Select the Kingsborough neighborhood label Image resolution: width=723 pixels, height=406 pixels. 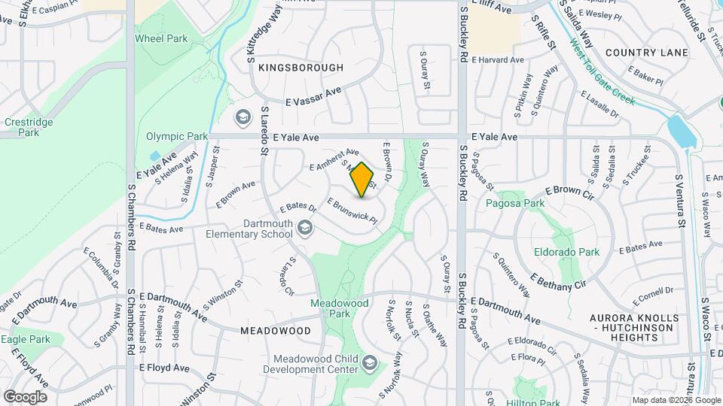coord(300,68)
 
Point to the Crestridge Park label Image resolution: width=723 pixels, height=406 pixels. coord(22,126)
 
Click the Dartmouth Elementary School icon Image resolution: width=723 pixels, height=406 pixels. coord(304,227)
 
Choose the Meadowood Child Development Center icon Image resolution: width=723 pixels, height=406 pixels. coord(370,364)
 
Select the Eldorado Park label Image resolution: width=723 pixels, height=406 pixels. coord(566,252)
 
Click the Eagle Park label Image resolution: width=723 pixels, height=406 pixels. coord(25,339)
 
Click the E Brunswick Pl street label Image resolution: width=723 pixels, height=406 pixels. coord(351,209)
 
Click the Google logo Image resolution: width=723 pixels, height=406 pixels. coord(25,396)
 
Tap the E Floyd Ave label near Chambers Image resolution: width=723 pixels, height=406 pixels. coord(164,368)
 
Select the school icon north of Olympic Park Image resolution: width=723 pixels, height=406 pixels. coord(243,117)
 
